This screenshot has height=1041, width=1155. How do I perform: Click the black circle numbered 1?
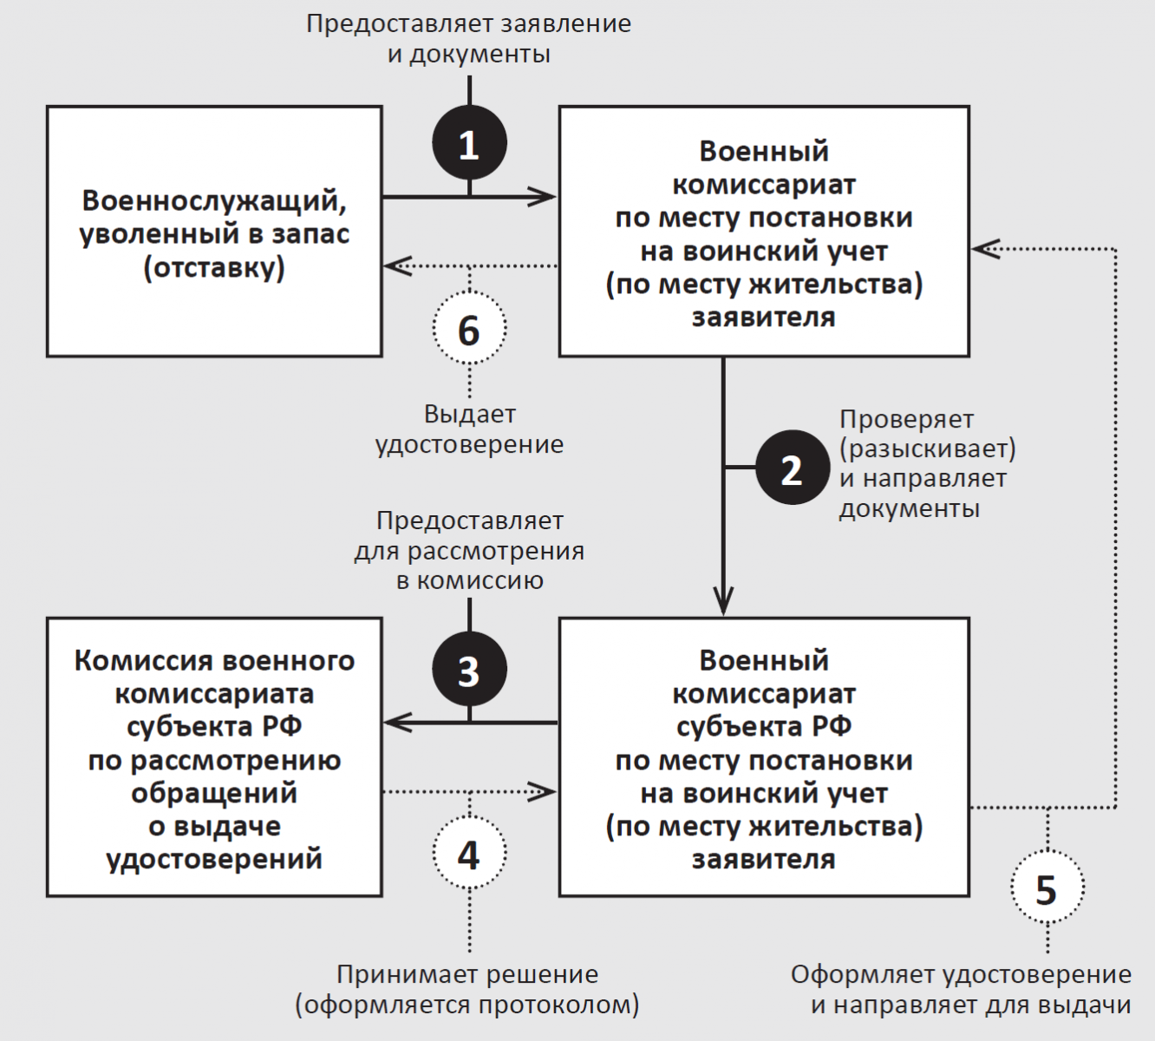click(x=469, y=144)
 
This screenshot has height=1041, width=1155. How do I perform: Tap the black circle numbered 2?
click(x=793, y=468)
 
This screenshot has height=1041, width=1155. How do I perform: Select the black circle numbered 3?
click(x=469, y=671)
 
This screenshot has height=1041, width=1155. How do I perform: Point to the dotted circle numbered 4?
click(x=469, y=854)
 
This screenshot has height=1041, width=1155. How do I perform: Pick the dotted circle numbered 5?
click(x=1047, y=889)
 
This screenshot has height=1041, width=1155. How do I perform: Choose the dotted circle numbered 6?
click(x=469, y=330)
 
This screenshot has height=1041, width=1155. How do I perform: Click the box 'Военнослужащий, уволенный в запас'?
click(x=214, y=232)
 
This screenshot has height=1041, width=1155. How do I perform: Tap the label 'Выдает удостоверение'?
click(x=469, y=429)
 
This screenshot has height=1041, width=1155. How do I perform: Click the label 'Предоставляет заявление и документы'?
click(x=469, y=38)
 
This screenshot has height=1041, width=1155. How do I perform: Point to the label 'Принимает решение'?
click(x=467, y=974)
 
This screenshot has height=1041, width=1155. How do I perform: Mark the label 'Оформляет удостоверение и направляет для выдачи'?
click(x=961, y=990)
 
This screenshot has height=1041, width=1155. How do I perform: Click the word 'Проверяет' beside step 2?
click(x=906, y=419)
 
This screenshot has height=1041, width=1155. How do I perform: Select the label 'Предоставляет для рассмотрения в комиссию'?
click(x=469, y=550)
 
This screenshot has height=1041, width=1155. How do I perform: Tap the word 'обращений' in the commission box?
click(x=214, y=793)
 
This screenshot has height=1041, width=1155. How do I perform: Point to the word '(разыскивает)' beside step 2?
click(x=928, y=448)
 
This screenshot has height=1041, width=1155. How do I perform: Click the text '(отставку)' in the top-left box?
click(x=214, y=267)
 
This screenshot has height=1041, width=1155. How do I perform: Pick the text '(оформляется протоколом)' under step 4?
click(x=467, y=1005)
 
